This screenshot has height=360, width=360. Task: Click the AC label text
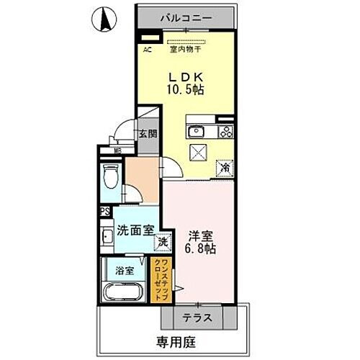point(147,50)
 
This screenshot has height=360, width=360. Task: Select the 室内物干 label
point(185,50)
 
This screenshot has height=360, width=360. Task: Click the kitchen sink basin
point(196,131)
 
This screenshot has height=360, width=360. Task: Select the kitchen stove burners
point(225,131)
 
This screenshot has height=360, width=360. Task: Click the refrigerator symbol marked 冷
point(225,168)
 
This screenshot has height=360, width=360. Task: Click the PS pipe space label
point(104,212)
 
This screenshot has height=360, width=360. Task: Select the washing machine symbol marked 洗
point(165,242)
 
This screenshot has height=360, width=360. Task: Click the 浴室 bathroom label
point(125,271)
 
